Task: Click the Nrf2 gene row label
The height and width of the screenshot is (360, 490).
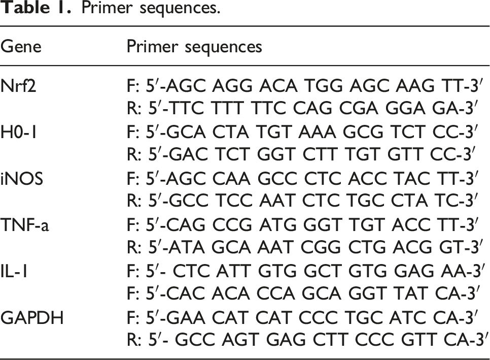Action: click(18, 85)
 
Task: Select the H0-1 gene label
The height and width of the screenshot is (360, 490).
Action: click(18, 132)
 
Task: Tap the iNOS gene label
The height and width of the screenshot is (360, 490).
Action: click(22, 178)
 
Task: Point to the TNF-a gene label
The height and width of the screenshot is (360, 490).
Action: click(25, 224)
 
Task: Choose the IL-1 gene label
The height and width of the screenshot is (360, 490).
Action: click(14, 271)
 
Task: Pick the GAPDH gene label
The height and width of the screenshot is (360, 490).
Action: click(32, 317)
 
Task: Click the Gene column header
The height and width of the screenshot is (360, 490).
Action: click(21, 47)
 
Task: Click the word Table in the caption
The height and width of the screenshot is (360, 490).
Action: click(25, 7)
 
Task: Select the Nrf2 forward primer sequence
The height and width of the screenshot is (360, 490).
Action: click(302, 85)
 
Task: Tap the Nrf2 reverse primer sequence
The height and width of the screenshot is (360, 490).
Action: click(302, 108)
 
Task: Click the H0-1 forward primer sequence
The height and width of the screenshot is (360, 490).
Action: click(302, 132)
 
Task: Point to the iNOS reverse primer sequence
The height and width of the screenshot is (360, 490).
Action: click(302, 201)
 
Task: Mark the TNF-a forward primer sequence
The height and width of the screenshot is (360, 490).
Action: click(302, 224)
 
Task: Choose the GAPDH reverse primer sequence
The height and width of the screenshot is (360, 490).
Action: click(306, 340)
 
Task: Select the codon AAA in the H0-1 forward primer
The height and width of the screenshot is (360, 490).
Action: click(317, 132)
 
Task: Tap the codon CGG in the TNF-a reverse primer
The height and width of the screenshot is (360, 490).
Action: click(321, 247)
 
